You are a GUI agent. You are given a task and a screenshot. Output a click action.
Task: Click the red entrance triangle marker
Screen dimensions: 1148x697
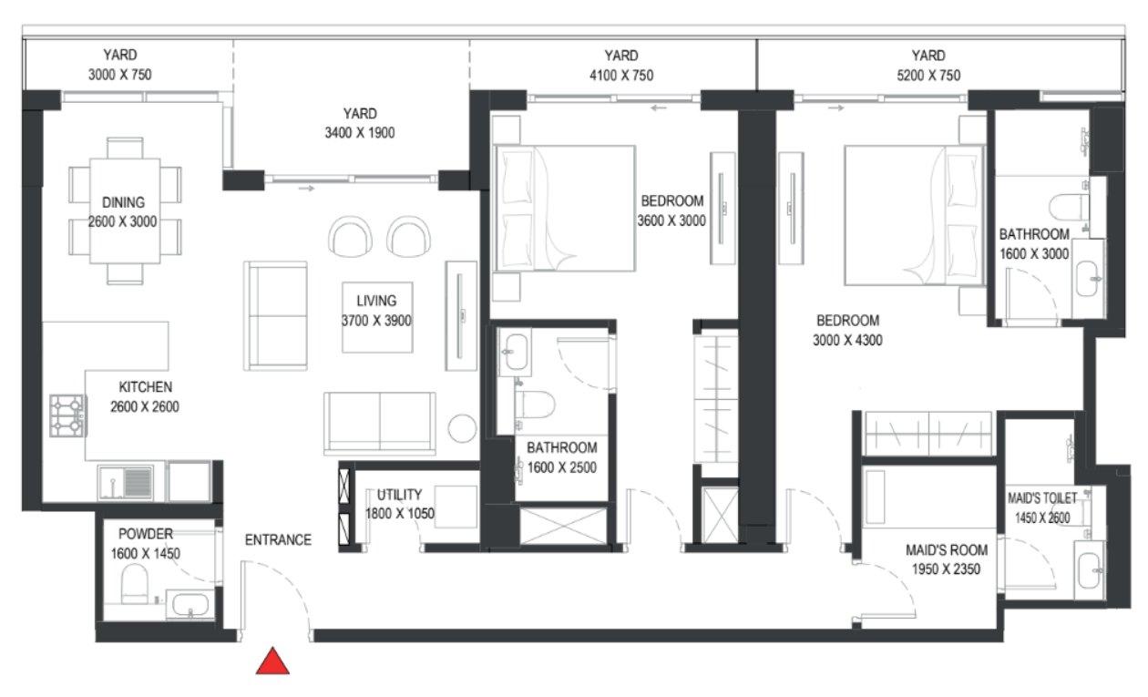[272, 661]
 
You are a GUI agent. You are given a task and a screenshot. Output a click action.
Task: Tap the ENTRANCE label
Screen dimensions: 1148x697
[278, 539]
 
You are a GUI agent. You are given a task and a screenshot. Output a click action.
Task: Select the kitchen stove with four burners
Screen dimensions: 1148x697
[67, 415]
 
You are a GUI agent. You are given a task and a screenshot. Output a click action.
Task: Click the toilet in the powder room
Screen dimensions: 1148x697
[134, 584]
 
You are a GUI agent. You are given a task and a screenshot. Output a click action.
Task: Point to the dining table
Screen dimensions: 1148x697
[125, 210]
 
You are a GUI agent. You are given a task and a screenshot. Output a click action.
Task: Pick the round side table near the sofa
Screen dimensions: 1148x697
[462, 428]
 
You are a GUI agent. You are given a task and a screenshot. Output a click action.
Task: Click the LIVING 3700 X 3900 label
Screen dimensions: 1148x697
[376, 311]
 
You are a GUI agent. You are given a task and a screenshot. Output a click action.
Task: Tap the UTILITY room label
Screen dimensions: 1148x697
[400, 495]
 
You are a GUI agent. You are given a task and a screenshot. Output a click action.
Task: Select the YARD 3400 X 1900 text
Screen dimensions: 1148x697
[360, 123]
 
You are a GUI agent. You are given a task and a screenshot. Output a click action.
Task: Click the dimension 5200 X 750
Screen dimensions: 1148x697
[928, 76]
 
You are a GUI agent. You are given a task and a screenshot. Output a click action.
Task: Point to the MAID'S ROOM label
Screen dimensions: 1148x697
[947, 550]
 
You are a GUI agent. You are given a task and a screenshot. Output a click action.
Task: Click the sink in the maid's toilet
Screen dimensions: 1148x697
[1089, 570]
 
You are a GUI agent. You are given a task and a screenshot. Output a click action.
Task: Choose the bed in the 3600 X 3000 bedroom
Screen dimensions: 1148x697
[564, 208]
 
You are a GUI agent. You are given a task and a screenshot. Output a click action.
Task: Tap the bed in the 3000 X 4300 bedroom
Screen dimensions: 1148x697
[915, 215]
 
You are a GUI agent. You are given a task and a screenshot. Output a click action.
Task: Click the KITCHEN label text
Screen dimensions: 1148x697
[146, 387]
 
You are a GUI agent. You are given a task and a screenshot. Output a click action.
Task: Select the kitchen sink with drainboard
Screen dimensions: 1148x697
[126, 482]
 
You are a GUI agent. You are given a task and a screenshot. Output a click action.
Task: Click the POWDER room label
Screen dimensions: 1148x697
[146, 534]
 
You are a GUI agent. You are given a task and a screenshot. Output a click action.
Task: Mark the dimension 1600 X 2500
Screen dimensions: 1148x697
[562, 467]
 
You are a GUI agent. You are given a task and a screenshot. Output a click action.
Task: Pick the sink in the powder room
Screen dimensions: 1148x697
[190, 605]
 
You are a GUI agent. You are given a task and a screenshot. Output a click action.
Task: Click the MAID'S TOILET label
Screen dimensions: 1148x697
[1042, 498]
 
